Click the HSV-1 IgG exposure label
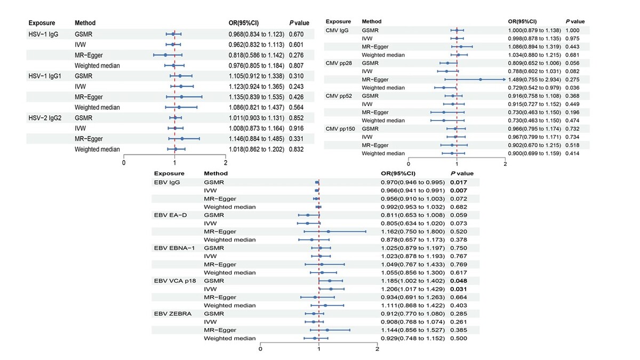coord(43,34)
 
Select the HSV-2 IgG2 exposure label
coord(45,118)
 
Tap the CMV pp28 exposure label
coord(339,63)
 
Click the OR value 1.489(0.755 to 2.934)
coord(534,79)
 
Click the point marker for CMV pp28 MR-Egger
coord(480,79)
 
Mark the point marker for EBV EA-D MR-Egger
coord(329,231)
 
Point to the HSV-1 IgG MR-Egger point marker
coord(165,54)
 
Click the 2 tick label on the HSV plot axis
coord(226,163)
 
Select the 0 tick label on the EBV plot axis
coord(260,349)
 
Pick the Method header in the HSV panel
coord(85,23)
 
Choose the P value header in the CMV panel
coord(573,21)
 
